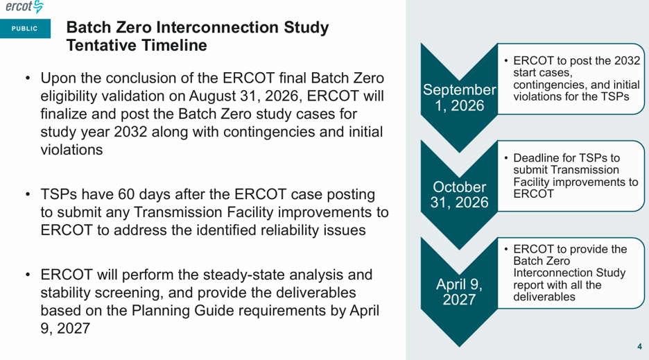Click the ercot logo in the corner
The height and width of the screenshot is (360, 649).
pos(24,7)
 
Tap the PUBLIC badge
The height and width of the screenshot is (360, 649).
pos(25,28)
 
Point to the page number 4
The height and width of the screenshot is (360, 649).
pos(639,346)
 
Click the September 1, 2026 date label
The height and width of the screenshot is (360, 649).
pos(459,97)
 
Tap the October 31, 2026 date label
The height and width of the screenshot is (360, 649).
pos(459,194)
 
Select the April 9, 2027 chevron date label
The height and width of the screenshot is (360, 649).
pos(459,291)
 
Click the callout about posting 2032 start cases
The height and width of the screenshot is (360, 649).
pos(571,78)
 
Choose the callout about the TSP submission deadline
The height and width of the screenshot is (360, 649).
pos(571,176)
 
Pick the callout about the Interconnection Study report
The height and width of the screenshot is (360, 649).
pos(571,273)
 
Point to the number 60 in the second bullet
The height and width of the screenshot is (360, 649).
pos(126,194)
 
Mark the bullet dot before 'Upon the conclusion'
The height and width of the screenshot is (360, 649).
pos(28,78)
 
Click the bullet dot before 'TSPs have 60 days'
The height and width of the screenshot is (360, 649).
pos(28,194)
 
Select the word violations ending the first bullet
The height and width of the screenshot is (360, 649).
pos(71,150)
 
